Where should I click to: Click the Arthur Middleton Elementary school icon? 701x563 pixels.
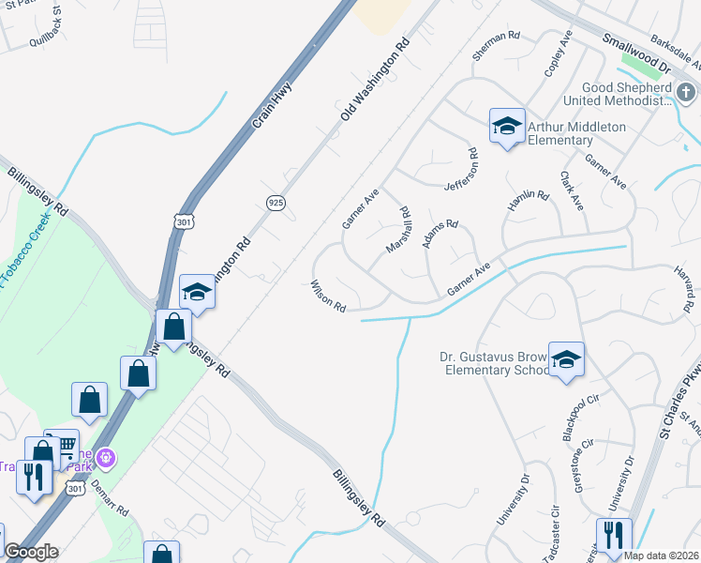[x=507, y=126]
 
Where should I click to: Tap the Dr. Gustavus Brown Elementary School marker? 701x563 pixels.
[x=566, y=359]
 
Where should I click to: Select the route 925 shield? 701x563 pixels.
[x=276, y=202]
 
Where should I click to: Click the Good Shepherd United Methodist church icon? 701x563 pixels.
[x=686, y=92]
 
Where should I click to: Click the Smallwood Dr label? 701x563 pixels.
[x=637, y=54]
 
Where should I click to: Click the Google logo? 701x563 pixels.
[x=31, y=552]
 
